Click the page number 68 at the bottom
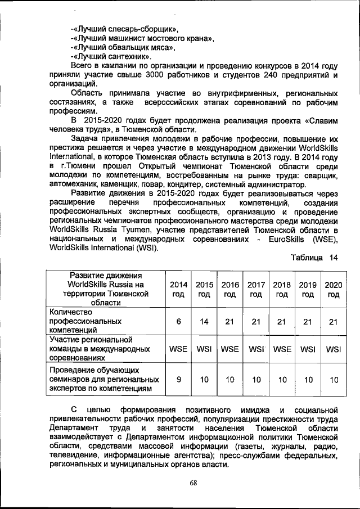pos(193,483)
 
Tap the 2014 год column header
pos(178,289)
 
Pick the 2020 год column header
pos(334,289)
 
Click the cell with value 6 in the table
pos(178,321)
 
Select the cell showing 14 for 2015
pos(204,321)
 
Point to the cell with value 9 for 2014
pos(178,380)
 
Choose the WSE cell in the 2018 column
pos(282,349)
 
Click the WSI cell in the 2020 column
pos(334,349)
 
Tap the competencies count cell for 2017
pos(256,321)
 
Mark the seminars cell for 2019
pos(308,380)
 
